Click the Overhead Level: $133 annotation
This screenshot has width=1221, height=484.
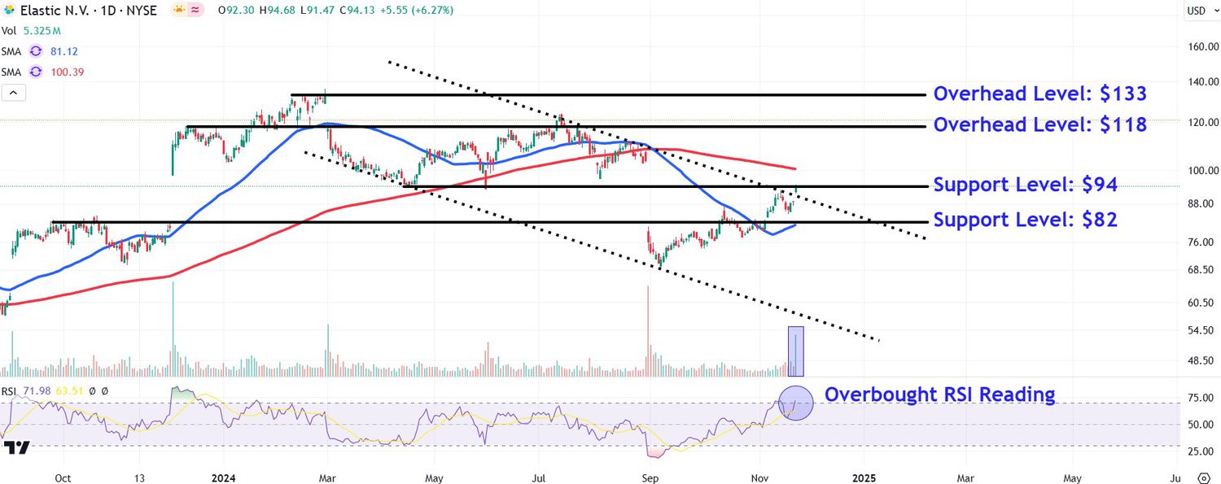tap(1039, 94)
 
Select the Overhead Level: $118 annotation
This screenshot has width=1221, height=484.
tap(1039, 124)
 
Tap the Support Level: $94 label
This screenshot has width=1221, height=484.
tap(1025, 185)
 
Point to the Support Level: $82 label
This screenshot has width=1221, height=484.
tap(1025, 220)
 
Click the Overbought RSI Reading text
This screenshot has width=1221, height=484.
tap(939, 395)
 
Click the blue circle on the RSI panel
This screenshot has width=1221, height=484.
tap(796, 403)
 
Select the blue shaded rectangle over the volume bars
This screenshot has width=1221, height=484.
tap(795, 351)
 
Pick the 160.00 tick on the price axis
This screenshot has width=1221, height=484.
tap(1203, 47)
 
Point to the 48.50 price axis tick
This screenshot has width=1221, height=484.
tap(1203, 360)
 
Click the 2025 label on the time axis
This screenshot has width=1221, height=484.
tap(864, 478)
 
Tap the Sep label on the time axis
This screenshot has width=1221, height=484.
tap(650, 478)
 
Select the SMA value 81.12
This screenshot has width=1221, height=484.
tap(63, 51)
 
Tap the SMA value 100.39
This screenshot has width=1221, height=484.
tap(67, 72)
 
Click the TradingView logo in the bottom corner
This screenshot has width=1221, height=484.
tap(16, 448)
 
